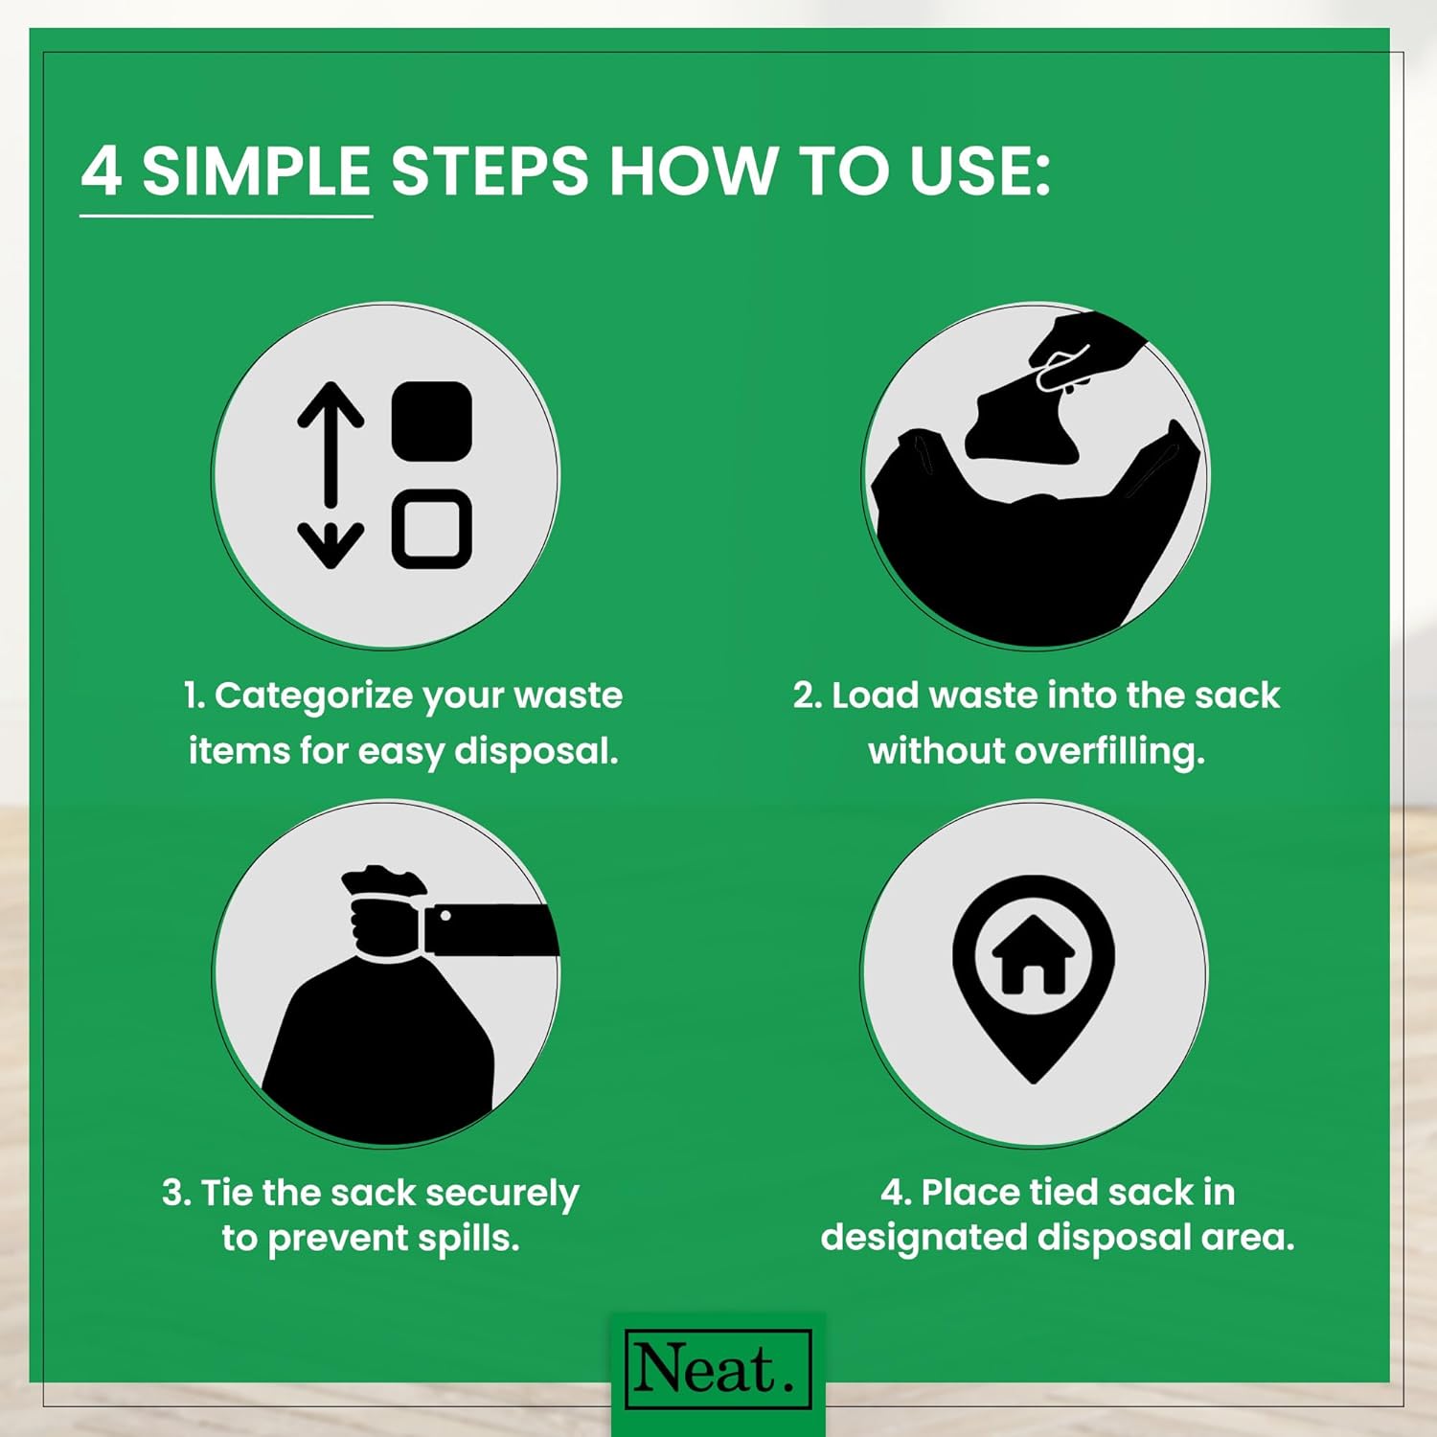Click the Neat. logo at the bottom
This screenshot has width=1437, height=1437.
click(718, 1368)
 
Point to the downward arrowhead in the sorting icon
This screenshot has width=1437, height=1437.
click(331, 545)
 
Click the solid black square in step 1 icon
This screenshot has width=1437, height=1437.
click(432, 421)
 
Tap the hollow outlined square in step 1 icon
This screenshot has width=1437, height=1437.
click(432, 529)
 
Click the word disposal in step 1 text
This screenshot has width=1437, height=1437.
click(536, 752)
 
